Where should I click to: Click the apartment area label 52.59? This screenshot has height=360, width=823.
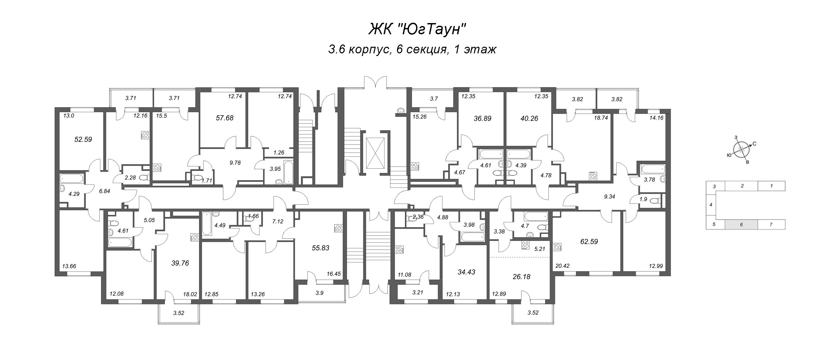[83, 139]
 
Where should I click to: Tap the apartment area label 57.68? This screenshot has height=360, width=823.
[225, 118]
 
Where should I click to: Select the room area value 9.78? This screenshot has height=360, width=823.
[235, 162]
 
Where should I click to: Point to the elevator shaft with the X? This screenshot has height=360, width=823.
[375, 152]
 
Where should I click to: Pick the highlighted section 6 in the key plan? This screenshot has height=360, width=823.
[741, 224]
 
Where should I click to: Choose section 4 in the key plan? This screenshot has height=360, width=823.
[711, 205]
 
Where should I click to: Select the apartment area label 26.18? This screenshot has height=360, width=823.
[521, 277]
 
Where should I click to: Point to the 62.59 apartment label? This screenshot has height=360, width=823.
[589, 241]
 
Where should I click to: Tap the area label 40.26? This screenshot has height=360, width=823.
[529, 118]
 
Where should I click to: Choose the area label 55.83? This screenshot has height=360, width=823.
[320, 248]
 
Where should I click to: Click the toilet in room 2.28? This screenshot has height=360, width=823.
[144, 178]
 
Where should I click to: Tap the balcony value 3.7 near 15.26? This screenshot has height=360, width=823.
[434, 98]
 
